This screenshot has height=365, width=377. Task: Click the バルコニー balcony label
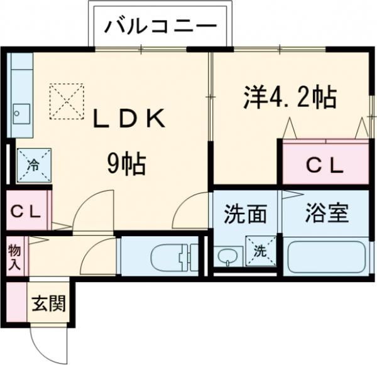point(160,27)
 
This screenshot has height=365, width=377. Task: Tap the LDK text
point(129,118)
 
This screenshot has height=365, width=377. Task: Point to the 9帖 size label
point(126,164)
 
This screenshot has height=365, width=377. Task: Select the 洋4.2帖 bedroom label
point(290,98)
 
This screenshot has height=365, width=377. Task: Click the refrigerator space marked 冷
point(34,165)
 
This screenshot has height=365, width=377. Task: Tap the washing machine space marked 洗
point(261,251)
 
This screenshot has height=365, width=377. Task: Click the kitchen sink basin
point(21,114)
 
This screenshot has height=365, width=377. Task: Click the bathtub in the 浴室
point(326,257)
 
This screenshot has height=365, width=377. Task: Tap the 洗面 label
point(245,214)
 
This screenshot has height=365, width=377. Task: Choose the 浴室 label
point(327,213)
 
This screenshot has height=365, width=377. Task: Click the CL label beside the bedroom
point(324,166)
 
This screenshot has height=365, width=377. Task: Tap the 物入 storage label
point(14,258)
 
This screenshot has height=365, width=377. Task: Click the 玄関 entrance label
point(49,303)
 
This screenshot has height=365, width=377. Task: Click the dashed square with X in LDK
point(67,102)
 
